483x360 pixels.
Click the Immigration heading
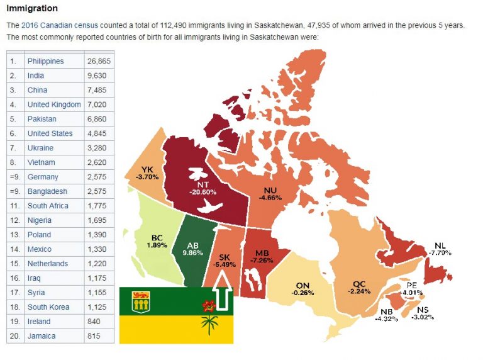click(32, 9)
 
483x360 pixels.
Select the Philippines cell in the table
click(45, 61)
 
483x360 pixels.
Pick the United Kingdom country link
click(54, 104)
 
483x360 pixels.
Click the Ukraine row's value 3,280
click(97, 148)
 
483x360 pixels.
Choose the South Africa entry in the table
click(48, 206)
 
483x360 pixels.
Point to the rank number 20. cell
click(14, 336)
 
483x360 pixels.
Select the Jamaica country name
click(42, 336)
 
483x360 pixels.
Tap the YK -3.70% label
click(147, 173)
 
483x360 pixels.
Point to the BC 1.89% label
click(157, 241)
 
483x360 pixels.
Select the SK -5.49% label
click(225, 262)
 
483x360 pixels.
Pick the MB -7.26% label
click(262, 255)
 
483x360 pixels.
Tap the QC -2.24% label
click(360, 287)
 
